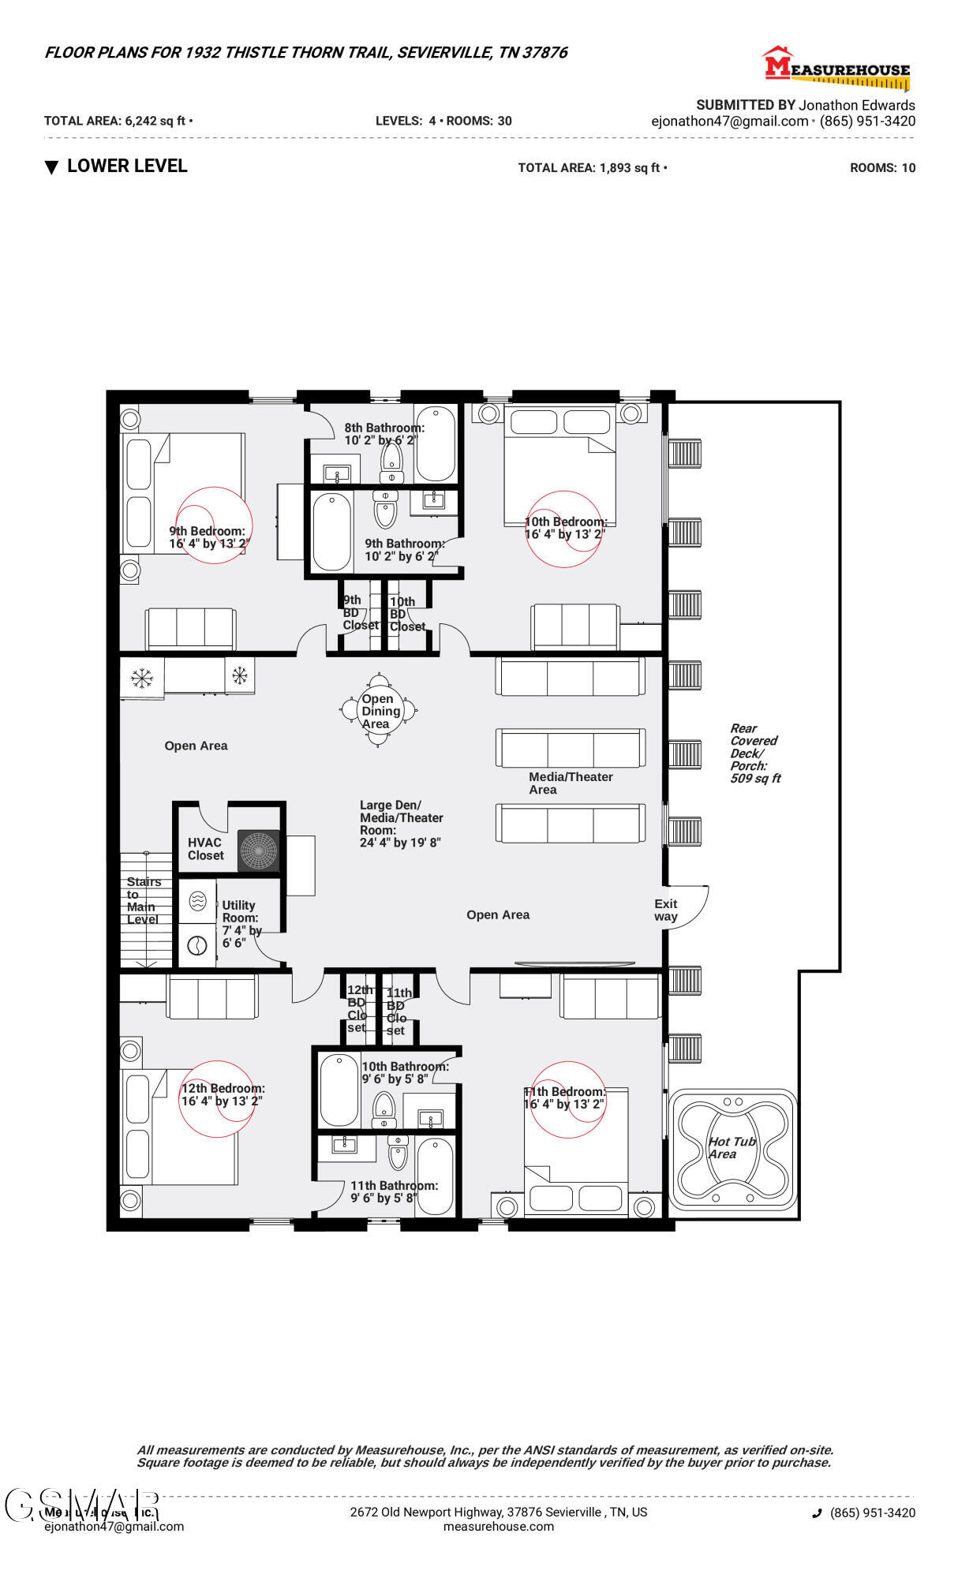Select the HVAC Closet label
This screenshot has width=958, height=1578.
(205, 849)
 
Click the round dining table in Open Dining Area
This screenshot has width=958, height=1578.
(379, 711)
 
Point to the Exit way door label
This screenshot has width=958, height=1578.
(665, 910)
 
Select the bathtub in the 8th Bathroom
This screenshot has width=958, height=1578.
(435, 443)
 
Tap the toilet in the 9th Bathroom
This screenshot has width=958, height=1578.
(385, 509)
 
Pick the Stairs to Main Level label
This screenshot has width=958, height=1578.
(143, 900)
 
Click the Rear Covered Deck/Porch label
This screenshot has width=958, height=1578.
(754, 753)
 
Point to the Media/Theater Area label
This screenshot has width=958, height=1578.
(570, 783)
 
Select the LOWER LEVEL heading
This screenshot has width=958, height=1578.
(126, 166)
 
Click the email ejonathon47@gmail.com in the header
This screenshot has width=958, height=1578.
(729, 122)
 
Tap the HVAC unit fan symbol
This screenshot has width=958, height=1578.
(259, 851)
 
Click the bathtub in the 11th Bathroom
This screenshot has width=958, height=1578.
(435, 1176)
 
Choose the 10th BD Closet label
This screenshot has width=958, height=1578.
(406, 614)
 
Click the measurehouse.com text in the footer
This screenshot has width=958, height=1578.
(498, 1526)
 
